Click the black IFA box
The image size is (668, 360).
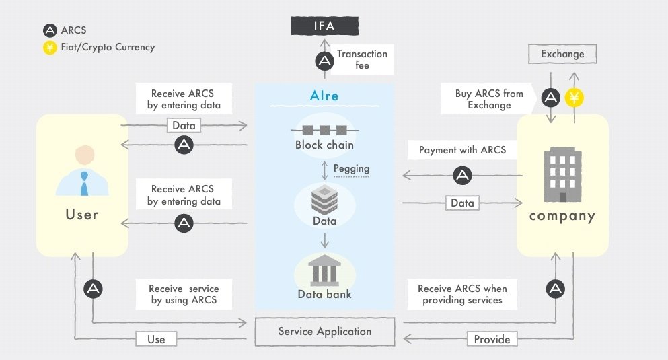[x=324, y=26]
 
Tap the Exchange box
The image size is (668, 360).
[x=562, y=54]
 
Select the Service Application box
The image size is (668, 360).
[x=325, y=332]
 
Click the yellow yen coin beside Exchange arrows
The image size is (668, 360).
[x=574, y=98]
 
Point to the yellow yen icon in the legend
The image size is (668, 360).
[x=50, y=47]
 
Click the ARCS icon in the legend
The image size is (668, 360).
[x=50, y=30]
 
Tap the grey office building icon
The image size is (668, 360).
[x=562, y=175]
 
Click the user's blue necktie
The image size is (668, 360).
[x=84, y=184]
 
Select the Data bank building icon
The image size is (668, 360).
[x=325, y=271]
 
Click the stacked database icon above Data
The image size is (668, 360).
[x=325, y=200]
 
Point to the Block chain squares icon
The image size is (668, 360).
[x=325, y=130]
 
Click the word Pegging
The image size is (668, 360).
[x=351, y=169]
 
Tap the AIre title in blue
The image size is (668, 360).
[x=324, y=96]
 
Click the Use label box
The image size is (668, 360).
[x=156, y=339]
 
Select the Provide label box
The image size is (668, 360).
[x=492, y=339]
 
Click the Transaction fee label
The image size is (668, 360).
[x=362, y=60]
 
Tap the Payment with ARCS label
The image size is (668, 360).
[x=462, y=150]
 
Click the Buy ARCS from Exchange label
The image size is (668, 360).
[x=488, y=99]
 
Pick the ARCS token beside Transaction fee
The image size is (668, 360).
[x=325, y=61]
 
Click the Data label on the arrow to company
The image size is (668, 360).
[x=462, y=203]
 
